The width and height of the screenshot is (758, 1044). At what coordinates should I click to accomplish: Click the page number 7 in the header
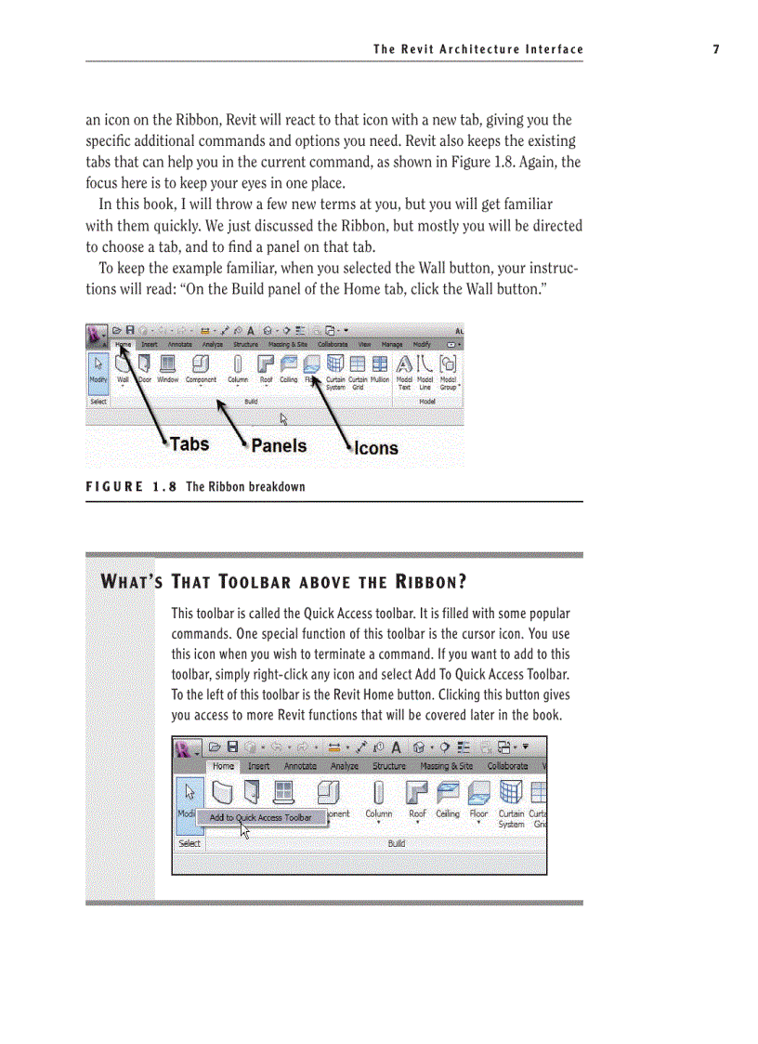click(x=715, y=49)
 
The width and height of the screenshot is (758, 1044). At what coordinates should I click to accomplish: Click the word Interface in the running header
click(x=553, y=49)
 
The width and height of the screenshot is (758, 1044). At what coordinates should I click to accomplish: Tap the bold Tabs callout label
click(x=189, y=444)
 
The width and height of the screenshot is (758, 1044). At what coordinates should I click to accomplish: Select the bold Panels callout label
click(x=279, y=446)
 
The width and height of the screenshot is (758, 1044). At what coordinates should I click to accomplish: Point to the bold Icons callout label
click(x=376, y=448)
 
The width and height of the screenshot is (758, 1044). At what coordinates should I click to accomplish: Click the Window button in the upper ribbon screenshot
click(x=168, y=366)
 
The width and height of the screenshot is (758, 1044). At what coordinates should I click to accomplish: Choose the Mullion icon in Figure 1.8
click(x=380, y=366)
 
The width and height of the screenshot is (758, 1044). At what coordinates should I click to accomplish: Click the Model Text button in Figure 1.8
click(x=405, y=368)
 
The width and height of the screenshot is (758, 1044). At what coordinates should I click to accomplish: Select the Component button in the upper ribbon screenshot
click(x=201, y=366)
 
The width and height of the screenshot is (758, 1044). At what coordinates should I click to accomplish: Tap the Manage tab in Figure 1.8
click(x=392, y=344)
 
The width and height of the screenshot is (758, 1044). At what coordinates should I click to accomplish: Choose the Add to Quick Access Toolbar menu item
click(x=260, y=818)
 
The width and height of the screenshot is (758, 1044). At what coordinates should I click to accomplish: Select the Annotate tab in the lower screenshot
click(x=300, y=766)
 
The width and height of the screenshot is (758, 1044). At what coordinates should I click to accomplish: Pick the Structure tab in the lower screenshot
click(x=389, y=766)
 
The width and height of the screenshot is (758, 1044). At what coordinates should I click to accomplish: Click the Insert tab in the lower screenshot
click(x=259, y=766)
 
